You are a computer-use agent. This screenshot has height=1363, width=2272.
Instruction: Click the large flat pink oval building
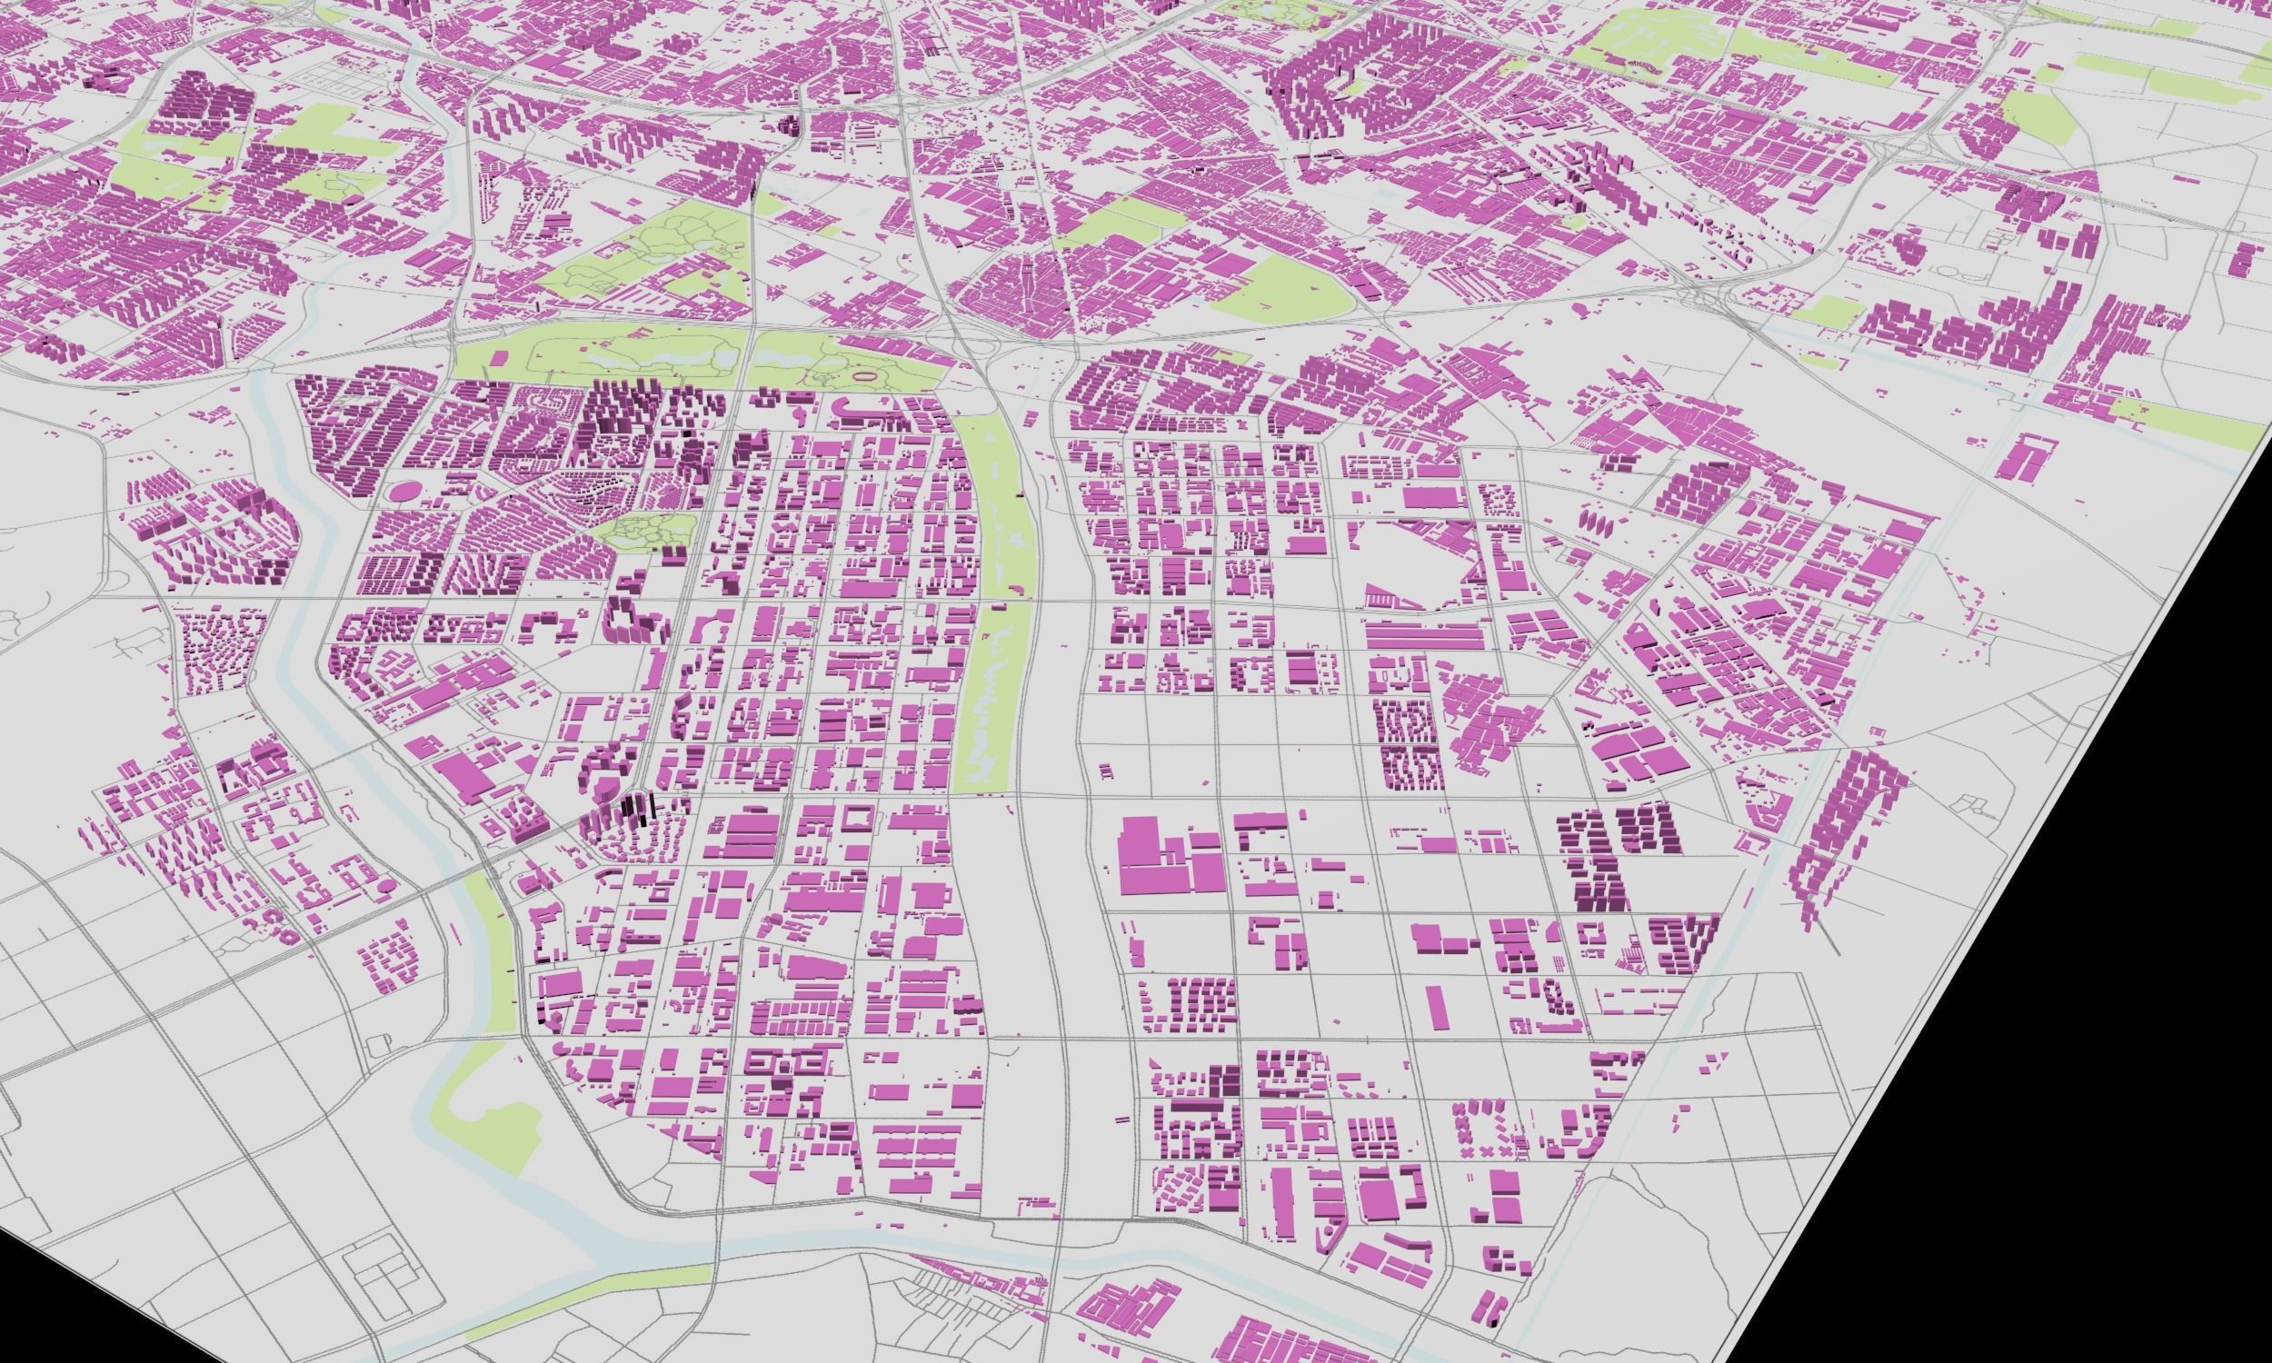coord(402,492)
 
